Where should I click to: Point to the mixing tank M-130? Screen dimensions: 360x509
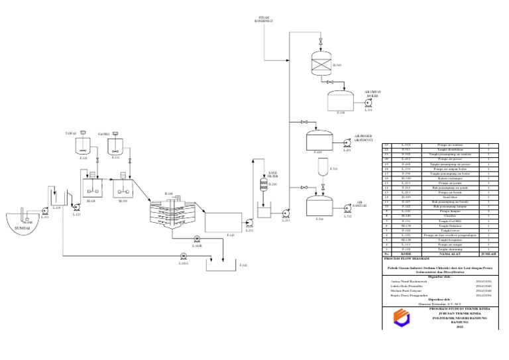click(124, 188)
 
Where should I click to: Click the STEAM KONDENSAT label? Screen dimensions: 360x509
click(264, 19)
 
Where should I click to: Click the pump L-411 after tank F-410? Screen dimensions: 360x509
click(345, 143)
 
